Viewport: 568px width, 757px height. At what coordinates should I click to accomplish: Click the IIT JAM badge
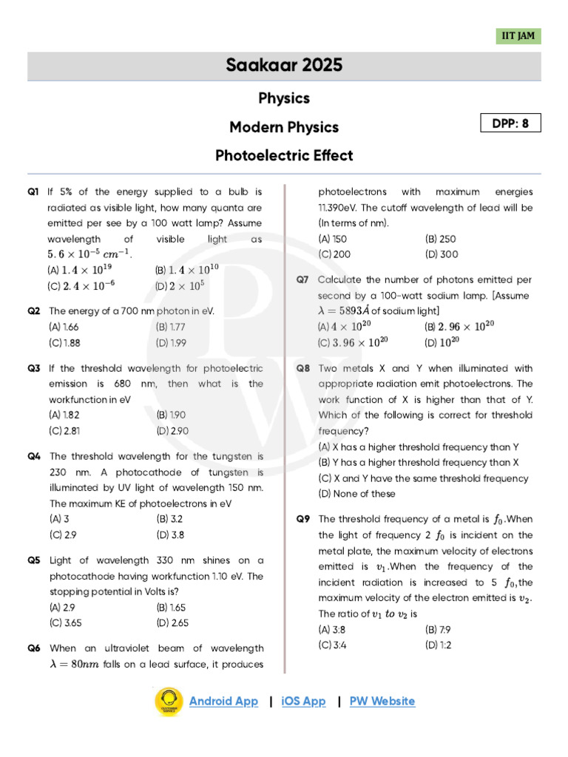(x=518, y=36)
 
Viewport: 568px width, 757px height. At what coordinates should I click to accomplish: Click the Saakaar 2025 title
(x=284, y=66)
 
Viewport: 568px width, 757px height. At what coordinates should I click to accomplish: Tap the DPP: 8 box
(x=510, y=123)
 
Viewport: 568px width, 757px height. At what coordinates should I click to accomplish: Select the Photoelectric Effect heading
(x=284, y=155)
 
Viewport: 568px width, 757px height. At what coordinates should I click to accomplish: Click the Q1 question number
(x=33, y=191)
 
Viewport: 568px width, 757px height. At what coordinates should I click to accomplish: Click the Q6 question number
(x=33, y=648)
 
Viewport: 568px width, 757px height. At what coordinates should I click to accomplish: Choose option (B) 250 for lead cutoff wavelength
(x=441, y=239)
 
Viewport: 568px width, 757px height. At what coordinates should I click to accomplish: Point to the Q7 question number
(x=302, y=280)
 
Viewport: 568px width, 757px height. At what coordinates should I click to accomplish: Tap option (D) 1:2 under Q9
(x=439, y=645)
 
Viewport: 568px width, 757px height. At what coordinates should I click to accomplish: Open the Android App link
(x=223, y=702)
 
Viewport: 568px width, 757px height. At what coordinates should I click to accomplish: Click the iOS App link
(x=303, y=702)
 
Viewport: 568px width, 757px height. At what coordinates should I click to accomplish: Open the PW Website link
(x=382, y=702)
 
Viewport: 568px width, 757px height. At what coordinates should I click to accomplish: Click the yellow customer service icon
(x=169, y=702)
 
